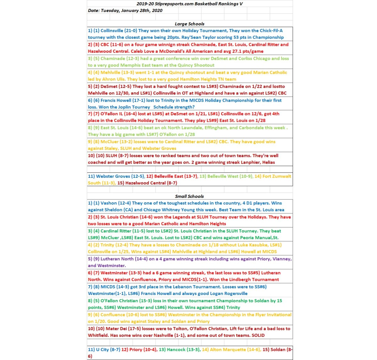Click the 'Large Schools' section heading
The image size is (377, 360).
(189, 24)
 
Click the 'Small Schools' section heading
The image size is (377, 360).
(189, 196)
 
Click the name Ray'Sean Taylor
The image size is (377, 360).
(201, 37)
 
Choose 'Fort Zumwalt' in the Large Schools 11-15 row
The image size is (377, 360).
(277, 176)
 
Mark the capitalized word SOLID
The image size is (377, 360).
(258, 335)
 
